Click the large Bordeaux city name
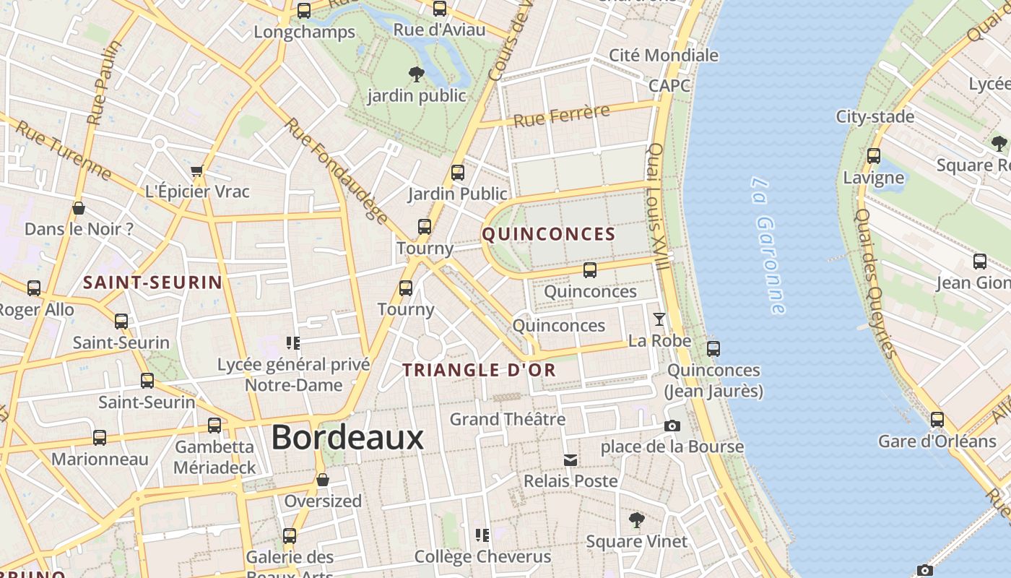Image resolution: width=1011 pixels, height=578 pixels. [x=347, y=438]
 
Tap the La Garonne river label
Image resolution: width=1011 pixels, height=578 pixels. [x=768, y=246]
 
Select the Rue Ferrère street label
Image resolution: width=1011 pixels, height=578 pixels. [x=561, y=116]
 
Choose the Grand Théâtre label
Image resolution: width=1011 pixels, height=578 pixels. [x=507, y=419]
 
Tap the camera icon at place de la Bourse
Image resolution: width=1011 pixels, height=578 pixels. [x=672, y=426]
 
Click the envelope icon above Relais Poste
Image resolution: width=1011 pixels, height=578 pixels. [x=570, y=460]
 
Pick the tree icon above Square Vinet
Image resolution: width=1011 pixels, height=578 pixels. [x=636, y=519]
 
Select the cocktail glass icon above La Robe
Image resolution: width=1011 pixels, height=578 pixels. [x=659, y=319]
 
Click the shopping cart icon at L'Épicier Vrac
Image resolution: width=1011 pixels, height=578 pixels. [x=197, y=171]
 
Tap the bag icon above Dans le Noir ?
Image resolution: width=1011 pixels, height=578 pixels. [x=79, y=209]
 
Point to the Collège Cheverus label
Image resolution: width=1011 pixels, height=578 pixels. [x=482, y=557]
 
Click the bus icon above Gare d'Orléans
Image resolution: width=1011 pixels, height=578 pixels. [x=937, y=420]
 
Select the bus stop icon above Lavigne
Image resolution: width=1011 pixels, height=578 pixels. [x=874, y=156]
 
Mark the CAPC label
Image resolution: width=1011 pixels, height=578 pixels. [x=669, y=85]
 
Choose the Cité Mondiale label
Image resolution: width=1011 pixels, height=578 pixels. [x=664, y=56]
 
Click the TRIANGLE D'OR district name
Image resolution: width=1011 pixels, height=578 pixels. [x=479, y=371]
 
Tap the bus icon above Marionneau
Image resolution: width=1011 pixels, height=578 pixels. [x=100, y=438]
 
